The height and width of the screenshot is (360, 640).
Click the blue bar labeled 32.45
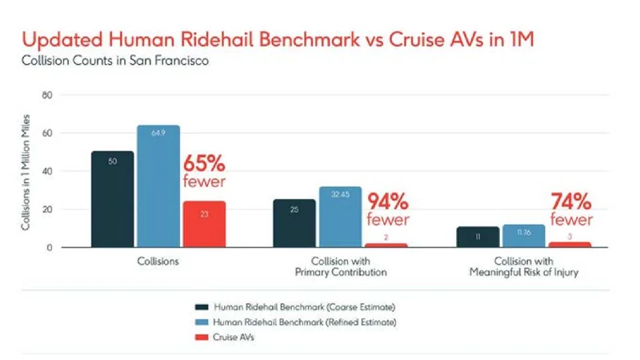click(339, 217)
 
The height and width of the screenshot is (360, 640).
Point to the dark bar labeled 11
click(478, 237)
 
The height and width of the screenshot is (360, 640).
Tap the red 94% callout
click(389, 210)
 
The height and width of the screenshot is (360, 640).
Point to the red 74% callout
click(570, 210)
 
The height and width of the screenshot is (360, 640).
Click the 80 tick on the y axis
click(46, 94)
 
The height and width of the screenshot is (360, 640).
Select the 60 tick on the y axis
click(46, 133)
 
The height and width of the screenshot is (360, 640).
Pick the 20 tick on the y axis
click(46, 210)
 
